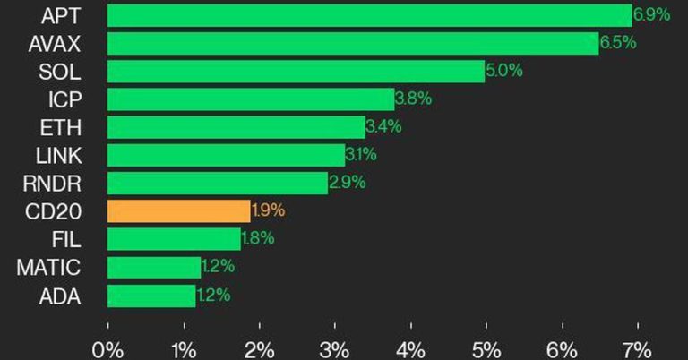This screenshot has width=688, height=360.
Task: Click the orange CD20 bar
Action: [178, 211]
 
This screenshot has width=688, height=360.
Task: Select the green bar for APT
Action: [369, 15]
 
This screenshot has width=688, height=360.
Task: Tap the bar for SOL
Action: [296, 72]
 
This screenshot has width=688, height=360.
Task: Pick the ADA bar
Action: [151, 296]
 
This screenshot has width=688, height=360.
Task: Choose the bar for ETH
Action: [236, 127]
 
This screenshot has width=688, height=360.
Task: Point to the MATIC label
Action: [48, 267]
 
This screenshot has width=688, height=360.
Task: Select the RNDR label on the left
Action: [52, 184]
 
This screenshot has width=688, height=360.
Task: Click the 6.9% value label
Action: [651, 14]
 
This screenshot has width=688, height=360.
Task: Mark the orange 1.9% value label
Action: [268, 211]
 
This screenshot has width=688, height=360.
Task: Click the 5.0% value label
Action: [504, 71]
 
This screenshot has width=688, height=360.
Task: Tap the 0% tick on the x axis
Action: [107, 348]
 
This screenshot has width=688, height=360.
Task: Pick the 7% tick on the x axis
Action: [638, 348]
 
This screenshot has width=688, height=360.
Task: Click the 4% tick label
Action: [410, 348]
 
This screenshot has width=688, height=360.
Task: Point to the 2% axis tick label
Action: [259, 348]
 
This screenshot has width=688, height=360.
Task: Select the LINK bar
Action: [226, 156]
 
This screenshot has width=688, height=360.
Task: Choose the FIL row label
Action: [66, 239]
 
